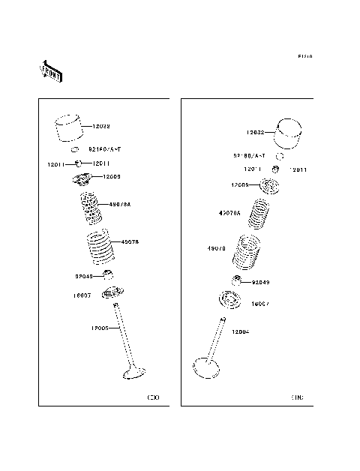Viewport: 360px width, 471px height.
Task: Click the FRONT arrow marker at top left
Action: click(51, 70)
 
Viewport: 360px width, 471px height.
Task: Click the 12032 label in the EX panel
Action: click(101, 127)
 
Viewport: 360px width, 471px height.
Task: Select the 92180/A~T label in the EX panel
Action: click(105, 150)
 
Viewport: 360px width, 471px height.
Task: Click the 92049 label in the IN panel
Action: click(260, 283)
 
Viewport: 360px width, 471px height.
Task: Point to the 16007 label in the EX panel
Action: click(82, 295)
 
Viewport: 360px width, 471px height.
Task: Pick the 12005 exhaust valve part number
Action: click(99, 328)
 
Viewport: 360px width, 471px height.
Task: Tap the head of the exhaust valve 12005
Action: click(134, 371)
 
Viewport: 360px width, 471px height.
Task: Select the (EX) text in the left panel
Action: click(153, 397)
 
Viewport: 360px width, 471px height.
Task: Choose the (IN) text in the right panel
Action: click(298, 397)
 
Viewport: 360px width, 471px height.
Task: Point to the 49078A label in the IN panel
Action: click(229, 213)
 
